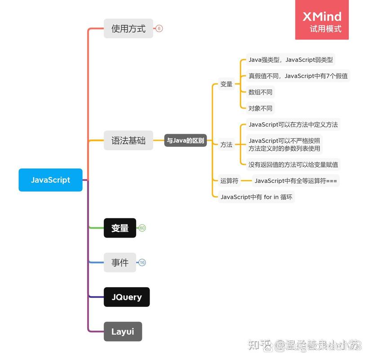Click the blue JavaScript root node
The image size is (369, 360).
[x=50, y=180]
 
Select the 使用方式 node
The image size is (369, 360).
[x=129, y=29]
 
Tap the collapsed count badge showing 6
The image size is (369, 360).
[x=159, y=29]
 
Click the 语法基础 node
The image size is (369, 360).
[x=129, y=140]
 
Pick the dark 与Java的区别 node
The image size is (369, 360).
[x=185, y=140]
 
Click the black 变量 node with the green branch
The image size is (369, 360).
[x=120, y=228]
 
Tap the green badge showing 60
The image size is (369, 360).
[x=142, y=228]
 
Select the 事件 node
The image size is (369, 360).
[x=120, y=262]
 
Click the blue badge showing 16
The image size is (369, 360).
[x=142, y=262]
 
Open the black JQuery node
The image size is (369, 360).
[x=126, y=297]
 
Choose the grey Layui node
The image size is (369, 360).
[x=123, y=332]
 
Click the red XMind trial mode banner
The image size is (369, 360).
[x=322, y=20]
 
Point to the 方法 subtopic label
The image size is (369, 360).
[x=227, y=145]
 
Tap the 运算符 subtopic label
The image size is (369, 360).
[x=229, y=181]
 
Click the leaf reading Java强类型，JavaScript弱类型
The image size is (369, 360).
[x=291, y=60]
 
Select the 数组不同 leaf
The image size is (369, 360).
[x=260, y=92]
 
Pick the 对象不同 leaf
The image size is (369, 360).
[x=260, y=108]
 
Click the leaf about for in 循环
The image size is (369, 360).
[x=256, y=197]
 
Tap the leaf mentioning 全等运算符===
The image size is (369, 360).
[x=295, y=181]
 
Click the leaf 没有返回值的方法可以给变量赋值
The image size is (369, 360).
[x=293, y=165]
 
